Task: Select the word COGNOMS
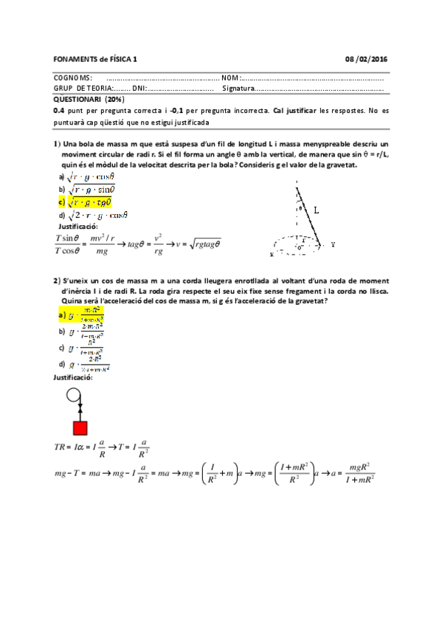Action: click(x=73, y=78)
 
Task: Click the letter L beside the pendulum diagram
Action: click(x=316, y=210)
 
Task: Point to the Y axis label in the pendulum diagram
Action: click(x=334, y=244)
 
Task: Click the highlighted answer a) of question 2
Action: click(x=86, y=316)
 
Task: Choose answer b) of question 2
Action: click(x=86, y=330)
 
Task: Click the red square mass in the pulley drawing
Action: click(x=80, y=429)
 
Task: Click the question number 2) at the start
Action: click(x=57, y=281)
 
